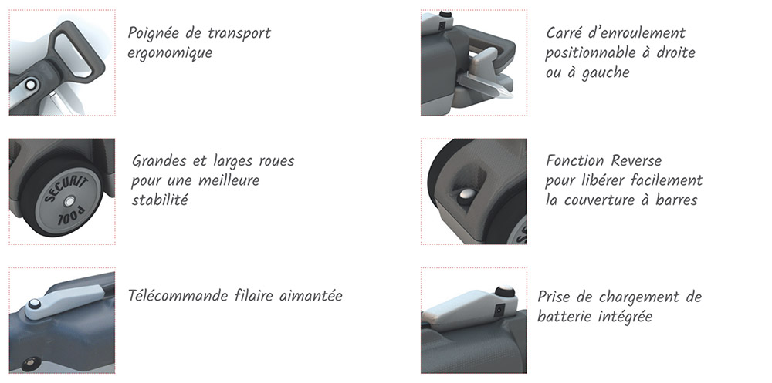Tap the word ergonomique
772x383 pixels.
coord(170,53)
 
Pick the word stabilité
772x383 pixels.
coord(161,200)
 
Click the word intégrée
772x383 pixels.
coord(625,316)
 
